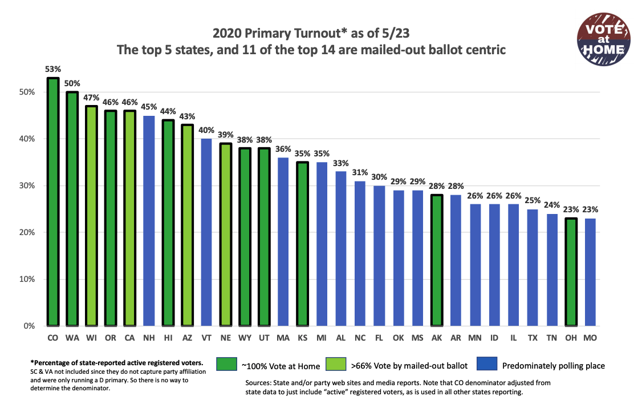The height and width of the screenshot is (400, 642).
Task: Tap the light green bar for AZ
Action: pos(187,225)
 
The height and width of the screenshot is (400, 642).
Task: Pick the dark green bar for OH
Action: pos(571,272)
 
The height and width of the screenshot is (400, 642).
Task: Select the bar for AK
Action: pos(437,260)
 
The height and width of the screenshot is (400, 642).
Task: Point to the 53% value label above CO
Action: pos(53,69)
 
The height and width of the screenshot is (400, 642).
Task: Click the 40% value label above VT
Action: pos(206,130)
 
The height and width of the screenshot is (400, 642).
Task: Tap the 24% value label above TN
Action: pos(552,205)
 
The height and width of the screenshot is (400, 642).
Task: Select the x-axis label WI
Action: pos(91,338)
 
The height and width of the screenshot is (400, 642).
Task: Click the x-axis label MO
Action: pos(590,338)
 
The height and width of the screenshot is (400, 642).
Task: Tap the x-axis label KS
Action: pos(302,338)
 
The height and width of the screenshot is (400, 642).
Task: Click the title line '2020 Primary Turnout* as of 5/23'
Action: pos(311,33)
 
